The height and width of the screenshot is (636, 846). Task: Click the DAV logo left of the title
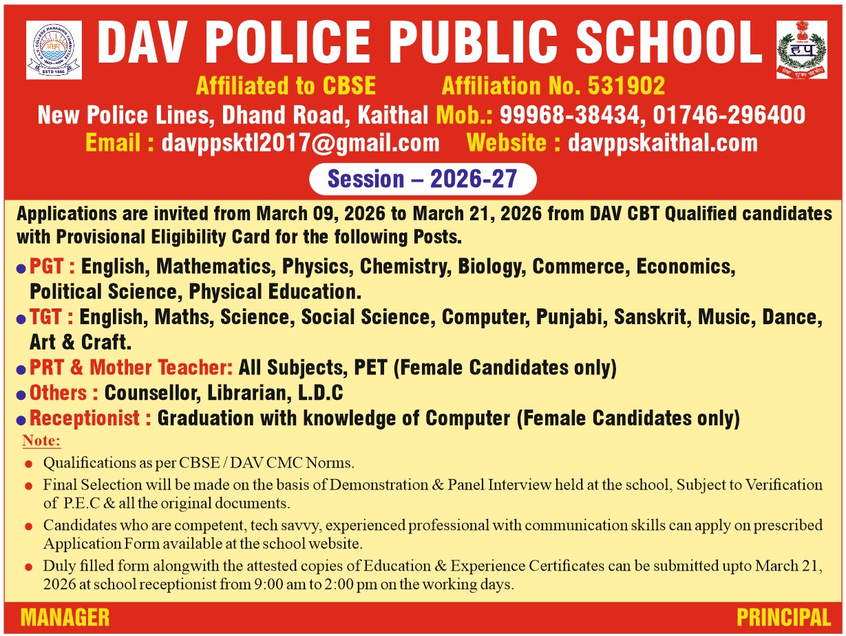(54, 50)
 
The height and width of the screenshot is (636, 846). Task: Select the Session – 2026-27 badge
(422, 179)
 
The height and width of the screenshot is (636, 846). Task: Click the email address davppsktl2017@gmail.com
(300, 142)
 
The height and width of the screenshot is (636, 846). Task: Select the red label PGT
(52, 266)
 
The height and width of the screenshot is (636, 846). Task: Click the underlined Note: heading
(41, 441)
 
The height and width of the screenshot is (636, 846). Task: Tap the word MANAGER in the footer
(65, 617)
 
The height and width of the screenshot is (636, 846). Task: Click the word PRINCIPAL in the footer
(783, 617)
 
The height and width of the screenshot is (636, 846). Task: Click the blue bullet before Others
(21, 394)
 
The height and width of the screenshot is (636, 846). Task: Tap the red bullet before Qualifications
(28, 464)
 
